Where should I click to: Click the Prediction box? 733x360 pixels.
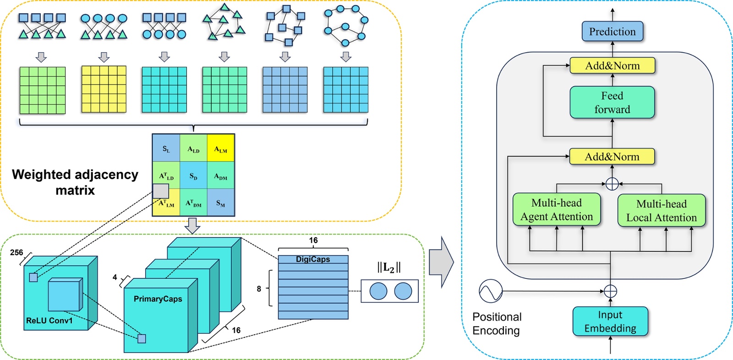[x=612, y=32]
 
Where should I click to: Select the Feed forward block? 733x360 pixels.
[x=612, y=103]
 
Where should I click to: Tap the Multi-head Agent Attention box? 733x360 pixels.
[x=557, y=210]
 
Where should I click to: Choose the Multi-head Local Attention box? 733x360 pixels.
[x=662, y=211]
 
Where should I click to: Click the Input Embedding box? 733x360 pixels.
[x=610, y=322]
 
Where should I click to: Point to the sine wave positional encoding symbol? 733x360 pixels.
[x=491, y=291]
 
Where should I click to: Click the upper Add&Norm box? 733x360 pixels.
[x=612, y=65]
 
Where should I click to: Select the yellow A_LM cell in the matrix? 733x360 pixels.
[x=221, y=148]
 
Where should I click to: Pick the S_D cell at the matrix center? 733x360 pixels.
[x=193, y=175]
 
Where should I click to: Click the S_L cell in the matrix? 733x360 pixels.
[x=166, y=148]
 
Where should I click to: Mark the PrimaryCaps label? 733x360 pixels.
[x=158, y=299]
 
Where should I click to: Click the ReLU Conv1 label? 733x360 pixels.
[x=49, y=321]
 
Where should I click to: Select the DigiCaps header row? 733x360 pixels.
[x=313, y=259]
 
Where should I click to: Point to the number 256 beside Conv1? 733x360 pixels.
[x=16, y=252]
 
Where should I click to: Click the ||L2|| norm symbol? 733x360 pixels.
[x=389, y=267]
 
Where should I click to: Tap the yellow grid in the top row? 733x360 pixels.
[x=104, y=89]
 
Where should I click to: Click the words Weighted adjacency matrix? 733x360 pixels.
[x=75, y=182]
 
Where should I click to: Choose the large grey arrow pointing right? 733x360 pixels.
[x=441, y=262]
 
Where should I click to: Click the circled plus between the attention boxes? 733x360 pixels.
[x=612, y=184]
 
